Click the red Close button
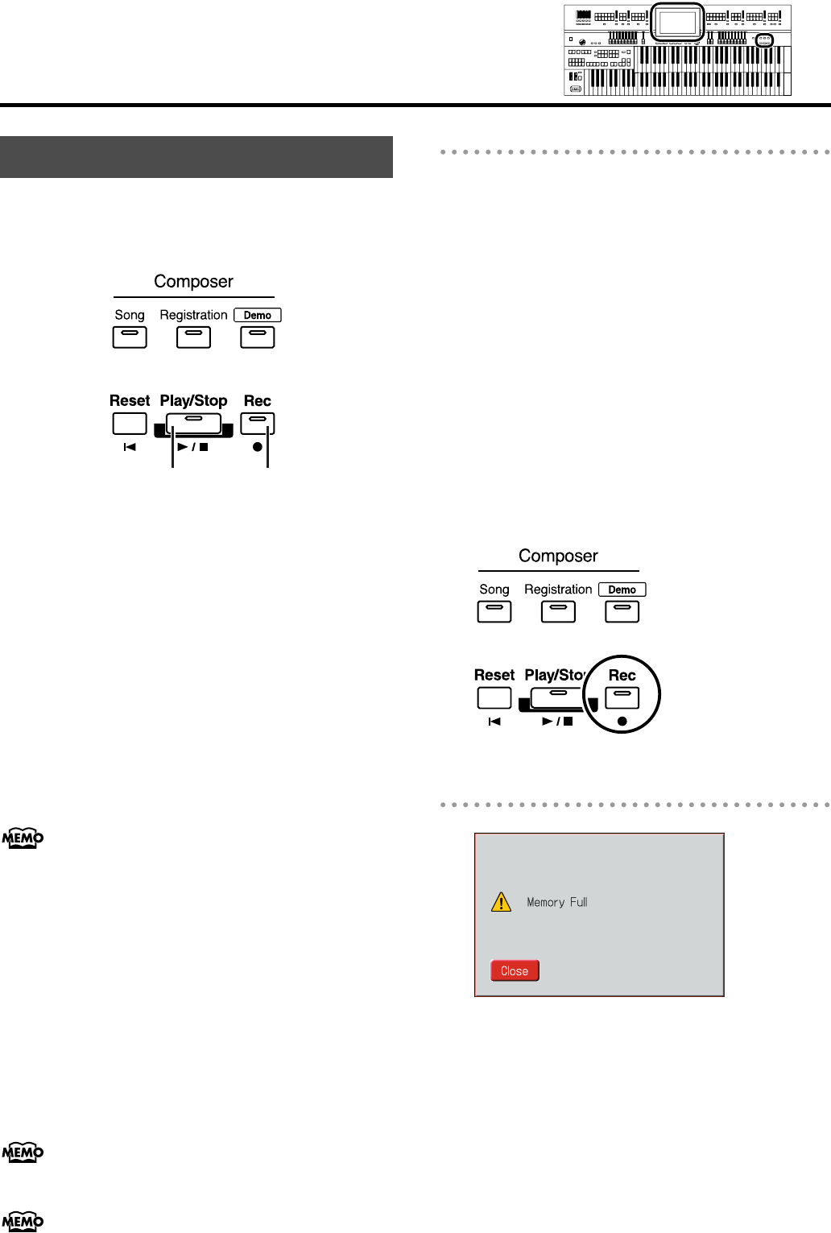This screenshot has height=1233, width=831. (x=515, y=970)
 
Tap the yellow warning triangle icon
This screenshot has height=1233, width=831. (x=501, y=901)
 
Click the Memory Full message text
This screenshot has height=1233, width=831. (x=557, y=902)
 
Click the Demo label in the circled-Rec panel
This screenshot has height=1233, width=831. (x=622, y=590)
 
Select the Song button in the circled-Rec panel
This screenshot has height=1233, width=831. (x=494, y=612)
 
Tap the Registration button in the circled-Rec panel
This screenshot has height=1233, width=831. (x=558, y=612)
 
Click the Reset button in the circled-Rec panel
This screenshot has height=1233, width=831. (x=494, y=697)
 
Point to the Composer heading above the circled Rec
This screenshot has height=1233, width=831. (x=558, y=556)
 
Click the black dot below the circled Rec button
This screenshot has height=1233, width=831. (x=622, y=721)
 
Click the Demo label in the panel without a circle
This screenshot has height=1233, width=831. (x=258, y=315)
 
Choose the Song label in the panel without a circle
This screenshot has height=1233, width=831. (x=130, y=315)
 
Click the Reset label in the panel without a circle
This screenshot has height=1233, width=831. (x=130, y=400)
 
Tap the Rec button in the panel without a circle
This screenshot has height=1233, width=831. (x=258, y=423)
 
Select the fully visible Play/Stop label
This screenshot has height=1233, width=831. (x=193, y=400)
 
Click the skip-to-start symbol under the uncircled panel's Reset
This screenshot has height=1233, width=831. (x=130, y=447)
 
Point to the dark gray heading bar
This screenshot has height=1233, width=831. (x=196, y=157)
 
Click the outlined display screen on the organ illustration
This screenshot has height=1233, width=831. (x=677, y=23)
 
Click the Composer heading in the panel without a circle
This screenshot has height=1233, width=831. (x=193, y=281)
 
